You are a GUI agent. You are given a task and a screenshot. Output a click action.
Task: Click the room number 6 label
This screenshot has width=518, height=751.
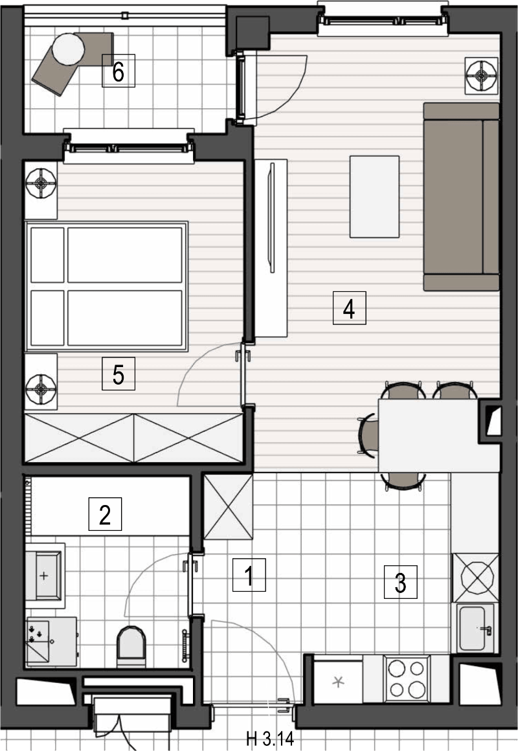click(118, 71)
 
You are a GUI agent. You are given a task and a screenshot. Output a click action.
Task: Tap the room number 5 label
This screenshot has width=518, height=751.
click(118, 374)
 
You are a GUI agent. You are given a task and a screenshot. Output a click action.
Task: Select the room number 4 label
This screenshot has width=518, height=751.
click(350, 308)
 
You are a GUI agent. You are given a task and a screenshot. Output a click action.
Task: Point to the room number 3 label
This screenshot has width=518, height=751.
click(401, 582)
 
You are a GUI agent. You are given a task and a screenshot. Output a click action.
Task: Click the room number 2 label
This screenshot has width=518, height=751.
click(105, 514)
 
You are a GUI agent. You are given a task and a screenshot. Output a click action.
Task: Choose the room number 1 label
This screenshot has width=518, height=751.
click(249, 575)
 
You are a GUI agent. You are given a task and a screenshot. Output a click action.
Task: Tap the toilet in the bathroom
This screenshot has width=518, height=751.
click(131, 647)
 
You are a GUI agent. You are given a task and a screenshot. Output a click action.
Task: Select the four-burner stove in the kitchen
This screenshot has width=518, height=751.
click(407, 678)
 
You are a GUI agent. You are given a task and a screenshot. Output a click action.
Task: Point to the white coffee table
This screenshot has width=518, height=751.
click(374, 196)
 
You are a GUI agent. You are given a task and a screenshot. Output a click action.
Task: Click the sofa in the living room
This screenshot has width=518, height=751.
click(462, 196)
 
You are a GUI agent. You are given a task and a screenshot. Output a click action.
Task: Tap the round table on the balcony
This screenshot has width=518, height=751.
click(68, 49)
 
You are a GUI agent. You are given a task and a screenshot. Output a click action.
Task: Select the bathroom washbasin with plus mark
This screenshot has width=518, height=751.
click(44, 575)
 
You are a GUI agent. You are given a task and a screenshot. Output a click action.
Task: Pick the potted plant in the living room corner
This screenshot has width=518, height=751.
click(482, 75)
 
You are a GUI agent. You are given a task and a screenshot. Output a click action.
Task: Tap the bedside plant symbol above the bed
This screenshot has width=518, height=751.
click(41, 183)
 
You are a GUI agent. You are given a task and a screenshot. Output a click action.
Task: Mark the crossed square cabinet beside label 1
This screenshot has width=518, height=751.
click(228, 506)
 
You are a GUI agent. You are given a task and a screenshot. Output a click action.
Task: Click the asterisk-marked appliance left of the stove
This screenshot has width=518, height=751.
click(338, 682)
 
